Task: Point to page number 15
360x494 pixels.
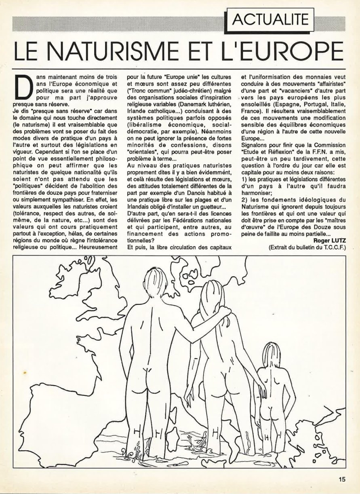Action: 342,480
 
